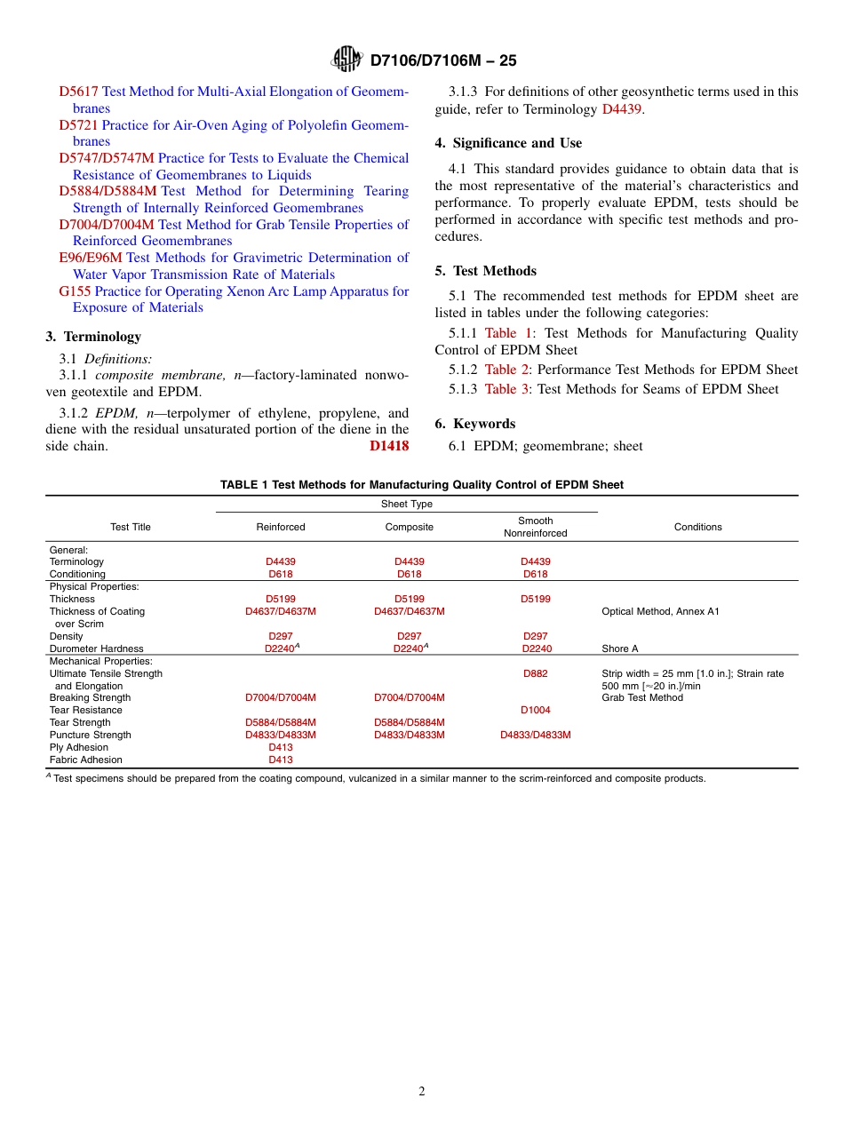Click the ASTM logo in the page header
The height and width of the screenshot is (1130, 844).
346,60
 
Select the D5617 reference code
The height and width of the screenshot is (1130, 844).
78,92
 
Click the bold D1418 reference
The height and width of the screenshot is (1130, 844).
389,446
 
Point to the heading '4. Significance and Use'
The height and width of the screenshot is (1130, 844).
508,143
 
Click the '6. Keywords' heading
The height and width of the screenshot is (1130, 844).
474,424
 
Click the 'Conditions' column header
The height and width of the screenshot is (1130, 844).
697,527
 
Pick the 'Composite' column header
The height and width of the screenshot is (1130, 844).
410,527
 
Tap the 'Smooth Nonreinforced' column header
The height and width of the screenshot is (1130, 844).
535,527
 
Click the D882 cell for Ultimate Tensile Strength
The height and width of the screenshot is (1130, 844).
535,673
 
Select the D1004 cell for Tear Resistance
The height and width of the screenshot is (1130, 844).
535,710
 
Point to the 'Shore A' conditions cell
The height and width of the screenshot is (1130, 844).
620,649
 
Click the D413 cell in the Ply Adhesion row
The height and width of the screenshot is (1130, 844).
281,747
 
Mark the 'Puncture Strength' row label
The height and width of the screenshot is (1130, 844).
90,735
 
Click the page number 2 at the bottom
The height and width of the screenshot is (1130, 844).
422,1092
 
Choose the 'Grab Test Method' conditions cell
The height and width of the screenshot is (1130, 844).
642,697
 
